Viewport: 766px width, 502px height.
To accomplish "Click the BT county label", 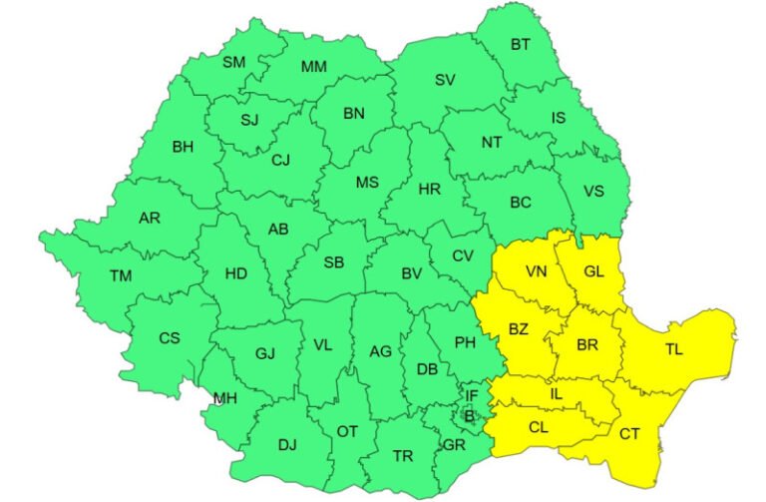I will [521, 44].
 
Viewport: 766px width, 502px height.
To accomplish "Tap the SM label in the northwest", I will [233, 62].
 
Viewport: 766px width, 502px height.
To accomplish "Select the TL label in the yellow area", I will [673, 350].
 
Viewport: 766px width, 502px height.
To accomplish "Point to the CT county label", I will [629, 433].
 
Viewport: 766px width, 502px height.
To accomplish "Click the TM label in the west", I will [121, 276].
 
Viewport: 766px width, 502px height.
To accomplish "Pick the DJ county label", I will [287, 445].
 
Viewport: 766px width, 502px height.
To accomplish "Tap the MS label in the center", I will [368, 182].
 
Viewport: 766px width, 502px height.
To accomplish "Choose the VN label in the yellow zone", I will [537, 271].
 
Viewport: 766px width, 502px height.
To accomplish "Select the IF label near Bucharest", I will [473, 396].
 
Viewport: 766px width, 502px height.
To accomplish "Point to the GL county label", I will [593, 271].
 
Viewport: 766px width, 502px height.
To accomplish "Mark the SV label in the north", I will [445, 80].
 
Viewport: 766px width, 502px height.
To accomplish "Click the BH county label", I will [183, 147].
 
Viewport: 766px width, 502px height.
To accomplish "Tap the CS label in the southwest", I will [170, 338].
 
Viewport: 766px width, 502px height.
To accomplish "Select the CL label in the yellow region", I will [539, 427].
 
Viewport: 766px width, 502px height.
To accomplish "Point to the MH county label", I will [224, 398].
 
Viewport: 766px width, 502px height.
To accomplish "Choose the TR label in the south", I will [402, 456].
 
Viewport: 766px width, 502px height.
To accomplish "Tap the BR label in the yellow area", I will [587, 344].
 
